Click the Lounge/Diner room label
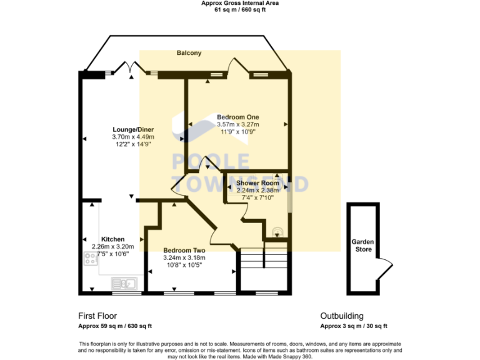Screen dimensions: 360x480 (132, 129)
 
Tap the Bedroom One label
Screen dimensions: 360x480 (237, 117)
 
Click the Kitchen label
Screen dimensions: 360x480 (112, 239)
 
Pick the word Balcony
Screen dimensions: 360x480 (188, 54)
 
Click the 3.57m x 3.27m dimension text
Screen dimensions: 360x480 (237, 124)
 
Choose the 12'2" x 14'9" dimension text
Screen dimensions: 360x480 (132, 144)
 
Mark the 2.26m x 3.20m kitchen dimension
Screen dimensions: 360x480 (112, 246)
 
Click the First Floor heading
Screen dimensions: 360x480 (97, 316)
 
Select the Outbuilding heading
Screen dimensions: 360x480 (342, 316)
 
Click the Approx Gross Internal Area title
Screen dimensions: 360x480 (240, 3)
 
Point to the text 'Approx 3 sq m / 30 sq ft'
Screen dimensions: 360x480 (354, 326)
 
